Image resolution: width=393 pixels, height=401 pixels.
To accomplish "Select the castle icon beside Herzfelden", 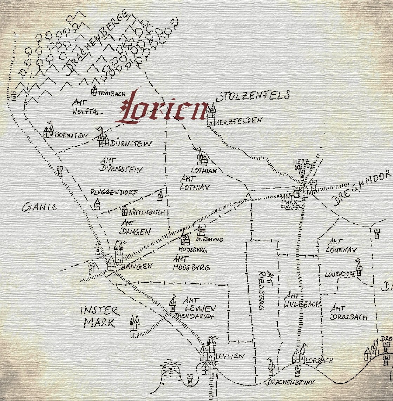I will click(211, 115).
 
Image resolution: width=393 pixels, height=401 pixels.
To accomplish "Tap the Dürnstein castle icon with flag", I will click(103, 139).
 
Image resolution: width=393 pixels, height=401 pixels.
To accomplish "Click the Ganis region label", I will click(39, 208).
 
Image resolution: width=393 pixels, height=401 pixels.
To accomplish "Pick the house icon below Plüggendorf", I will click(97, 204).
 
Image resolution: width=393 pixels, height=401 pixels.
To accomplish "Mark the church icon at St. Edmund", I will click(201, 231).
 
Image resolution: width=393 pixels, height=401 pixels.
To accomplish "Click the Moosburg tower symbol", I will click(185, 239).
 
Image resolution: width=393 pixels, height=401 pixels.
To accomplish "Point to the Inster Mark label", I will click(100, 317).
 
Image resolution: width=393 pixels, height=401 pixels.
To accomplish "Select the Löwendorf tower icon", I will click(359, 269).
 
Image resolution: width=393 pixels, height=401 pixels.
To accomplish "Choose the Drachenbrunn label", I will click(290, 382).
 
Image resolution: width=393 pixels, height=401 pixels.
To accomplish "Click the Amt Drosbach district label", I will click(348, 312).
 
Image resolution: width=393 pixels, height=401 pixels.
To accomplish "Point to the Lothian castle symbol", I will click(202, 159).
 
